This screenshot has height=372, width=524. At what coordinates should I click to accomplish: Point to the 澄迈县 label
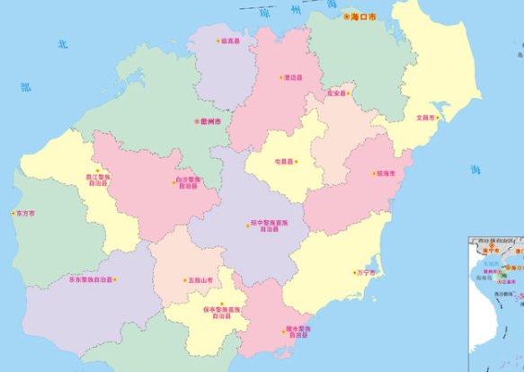click(x=293, y=77)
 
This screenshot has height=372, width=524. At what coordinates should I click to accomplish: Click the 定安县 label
click(x=337, y=93)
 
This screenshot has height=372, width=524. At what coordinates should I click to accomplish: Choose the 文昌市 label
click(x=424, y=118)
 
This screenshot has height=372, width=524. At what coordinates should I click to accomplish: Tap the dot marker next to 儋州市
click(x=196, y=121)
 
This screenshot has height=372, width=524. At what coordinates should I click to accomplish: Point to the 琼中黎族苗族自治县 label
click(x=269, y=225)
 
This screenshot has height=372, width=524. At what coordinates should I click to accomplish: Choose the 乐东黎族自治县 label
click(x=90, y=280)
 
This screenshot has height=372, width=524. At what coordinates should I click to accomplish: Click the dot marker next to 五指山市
click(x=185, y=280)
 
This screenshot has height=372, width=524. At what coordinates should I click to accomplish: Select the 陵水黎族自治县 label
click(x=297, y=332)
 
